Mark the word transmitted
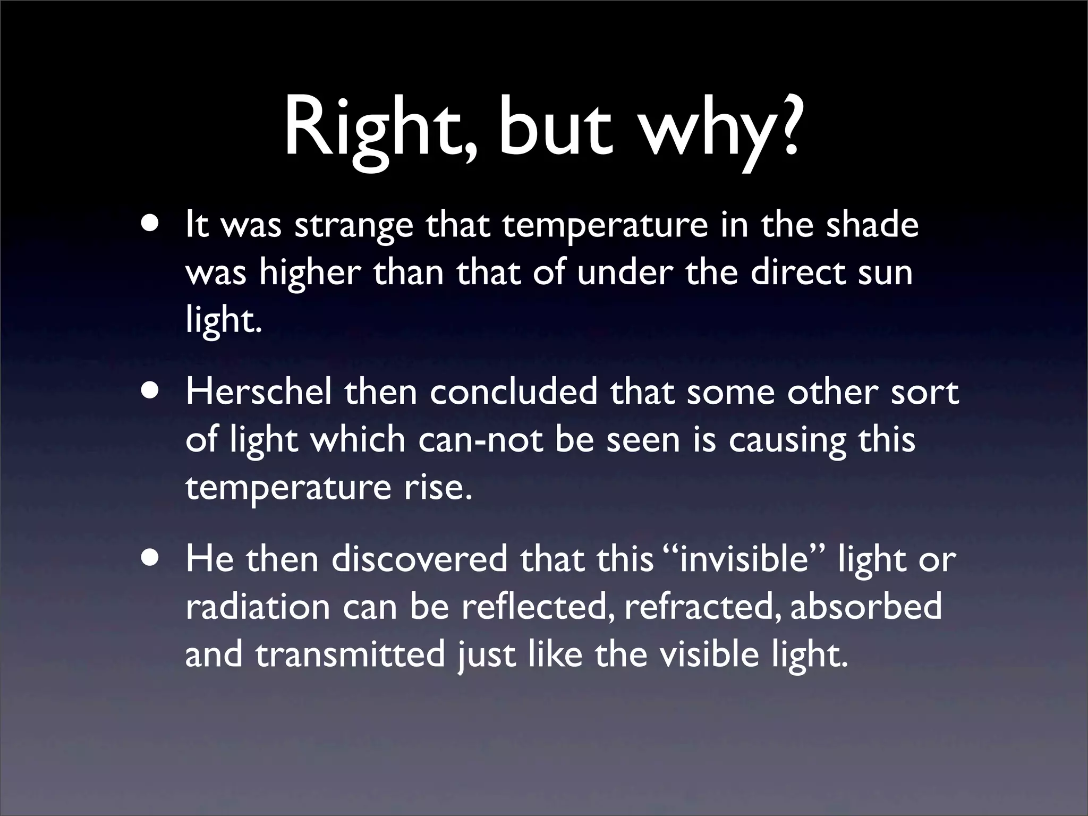click(350, 654)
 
